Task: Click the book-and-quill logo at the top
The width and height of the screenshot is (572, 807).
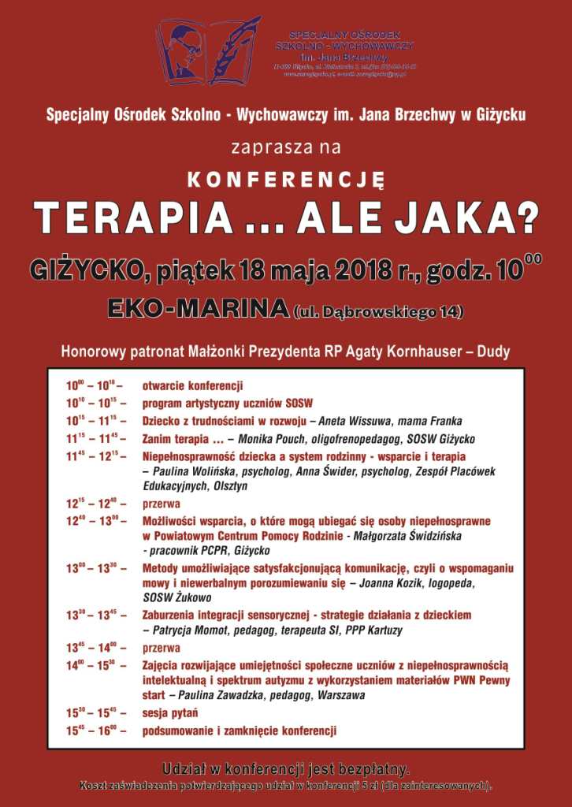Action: (209, 51)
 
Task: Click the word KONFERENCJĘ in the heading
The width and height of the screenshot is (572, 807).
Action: (285, 179)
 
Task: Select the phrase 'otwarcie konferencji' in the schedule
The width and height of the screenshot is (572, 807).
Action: (192, 386)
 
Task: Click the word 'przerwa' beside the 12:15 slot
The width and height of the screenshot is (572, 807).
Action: (162, 504)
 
